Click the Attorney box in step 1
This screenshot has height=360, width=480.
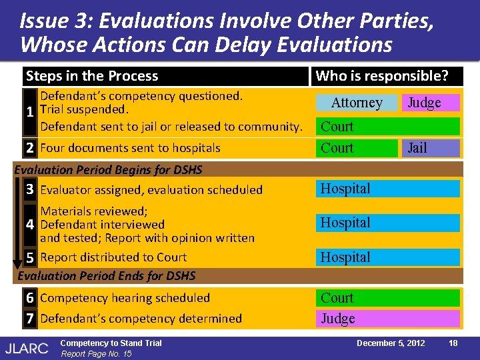tap(357, 103)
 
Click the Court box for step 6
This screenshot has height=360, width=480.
tap(387, 298)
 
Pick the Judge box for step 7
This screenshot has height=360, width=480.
tap(387, 319)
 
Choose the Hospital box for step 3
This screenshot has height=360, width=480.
tap(387, 189)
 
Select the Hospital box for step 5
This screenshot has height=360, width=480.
tap(387, 257)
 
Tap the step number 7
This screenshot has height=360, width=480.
tap(30, 319)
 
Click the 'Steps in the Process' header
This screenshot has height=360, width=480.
tap(92, 76)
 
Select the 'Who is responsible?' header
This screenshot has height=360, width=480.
tap(382, 76)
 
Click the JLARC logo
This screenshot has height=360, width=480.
tap(27, 347)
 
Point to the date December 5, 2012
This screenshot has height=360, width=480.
tap(391, 343)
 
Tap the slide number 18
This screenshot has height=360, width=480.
tap(453, 343)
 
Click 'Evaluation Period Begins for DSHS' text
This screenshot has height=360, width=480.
tap(108, 169)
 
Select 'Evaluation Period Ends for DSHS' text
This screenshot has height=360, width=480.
tap(107, 275)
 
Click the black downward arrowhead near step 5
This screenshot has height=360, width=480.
tap(18, 263)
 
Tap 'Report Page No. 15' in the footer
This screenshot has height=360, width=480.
tap(96, 353)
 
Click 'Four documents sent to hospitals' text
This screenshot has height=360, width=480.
tap(130, 148)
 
